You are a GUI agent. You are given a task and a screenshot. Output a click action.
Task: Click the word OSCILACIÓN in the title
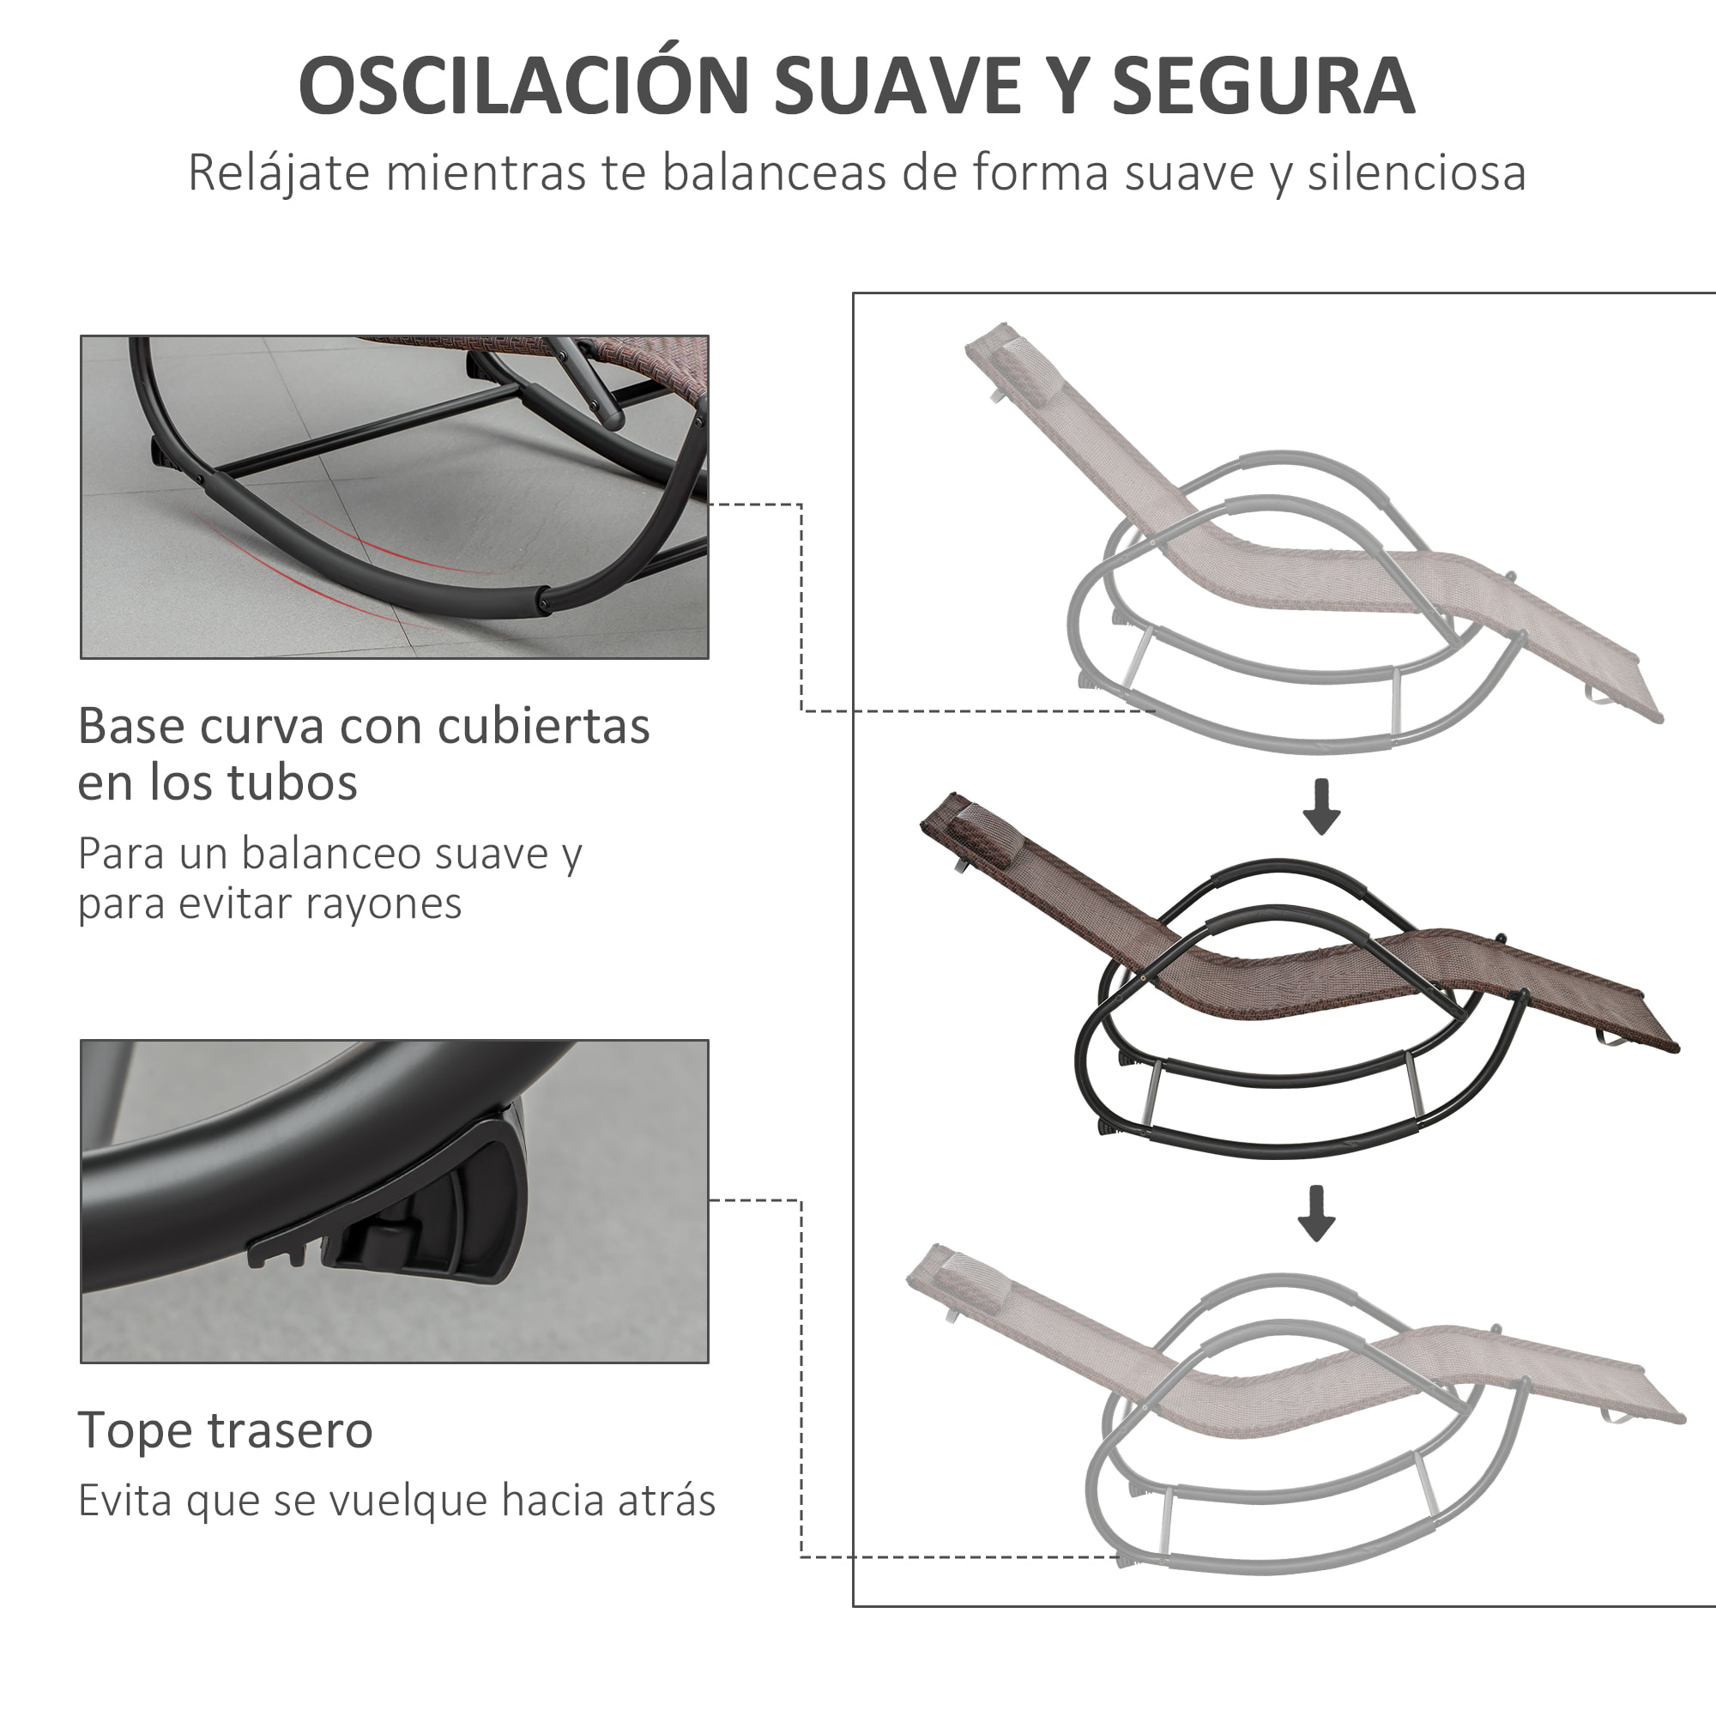(x=524, y=86)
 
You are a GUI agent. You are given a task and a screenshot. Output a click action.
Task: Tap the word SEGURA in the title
(x=1263, y=86)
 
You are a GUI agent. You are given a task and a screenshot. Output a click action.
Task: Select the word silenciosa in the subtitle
(x=1416, y=172)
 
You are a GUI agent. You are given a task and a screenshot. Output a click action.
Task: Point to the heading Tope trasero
(x=225, y=1430)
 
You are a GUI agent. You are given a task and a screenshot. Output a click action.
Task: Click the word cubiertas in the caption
(x=543, y=727)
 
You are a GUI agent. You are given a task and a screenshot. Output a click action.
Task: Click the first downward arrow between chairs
(x=1321, y=807)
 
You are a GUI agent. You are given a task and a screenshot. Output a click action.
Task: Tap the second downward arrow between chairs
(x=1316, y=1213)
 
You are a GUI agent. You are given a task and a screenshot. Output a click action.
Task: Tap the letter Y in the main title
(x=1063, y=86)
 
